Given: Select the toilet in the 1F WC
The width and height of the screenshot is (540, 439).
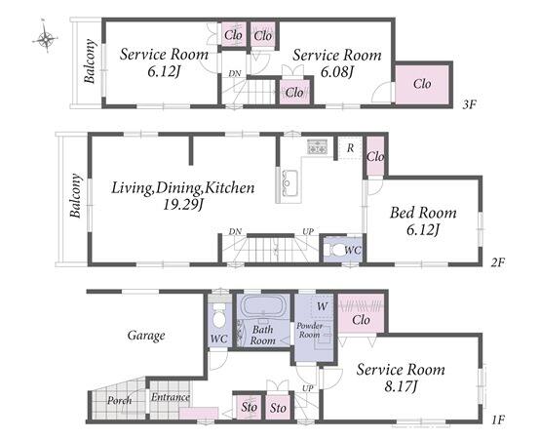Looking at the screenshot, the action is point(218,316).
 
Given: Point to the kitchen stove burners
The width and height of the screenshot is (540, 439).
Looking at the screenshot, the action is point(317,146).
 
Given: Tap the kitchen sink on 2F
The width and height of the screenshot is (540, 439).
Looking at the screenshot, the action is point(289,183).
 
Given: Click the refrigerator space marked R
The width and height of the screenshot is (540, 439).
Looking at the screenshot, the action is point(350,148).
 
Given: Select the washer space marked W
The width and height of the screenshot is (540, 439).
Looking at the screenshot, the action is point(322,306).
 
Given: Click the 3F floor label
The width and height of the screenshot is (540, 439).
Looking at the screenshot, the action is point(469,104).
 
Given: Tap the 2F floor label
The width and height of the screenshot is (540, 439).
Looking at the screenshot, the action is point(497,262).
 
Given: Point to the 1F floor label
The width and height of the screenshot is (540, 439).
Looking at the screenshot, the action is point(498,419).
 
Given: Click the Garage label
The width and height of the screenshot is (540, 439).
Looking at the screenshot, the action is point(146,336).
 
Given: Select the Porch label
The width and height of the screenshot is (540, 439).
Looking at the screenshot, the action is point(119,400).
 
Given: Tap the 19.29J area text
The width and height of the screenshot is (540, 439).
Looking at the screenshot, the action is point(182,205).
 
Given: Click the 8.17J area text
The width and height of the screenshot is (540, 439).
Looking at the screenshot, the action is point(401,386).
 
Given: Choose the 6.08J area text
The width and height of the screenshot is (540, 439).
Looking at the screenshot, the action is point(337,72).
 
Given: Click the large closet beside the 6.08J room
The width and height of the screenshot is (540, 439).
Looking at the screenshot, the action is point(422,84).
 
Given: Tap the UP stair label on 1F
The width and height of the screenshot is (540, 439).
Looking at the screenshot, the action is point(308,388).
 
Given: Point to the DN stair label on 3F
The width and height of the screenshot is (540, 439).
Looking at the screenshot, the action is point(235,74).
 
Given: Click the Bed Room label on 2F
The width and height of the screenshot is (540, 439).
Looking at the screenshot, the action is point(423,213).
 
